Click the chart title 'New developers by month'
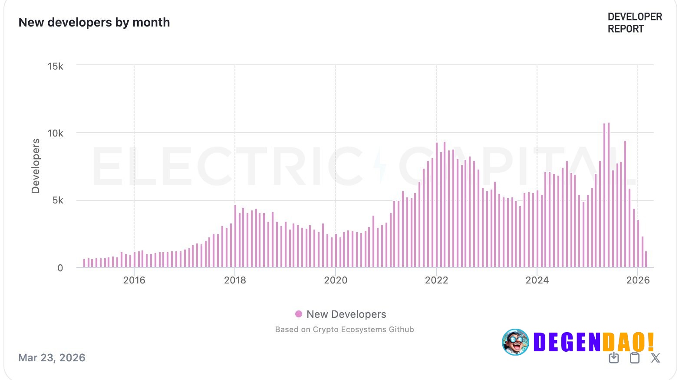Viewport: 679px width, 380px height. pyautogui.click(x=94, y=23)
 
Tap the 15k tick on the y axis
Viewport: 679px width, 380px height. pyautogui.click(x=55, y=66)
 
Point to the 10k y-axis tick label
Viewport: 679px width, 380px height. pyautogui.click(x=55, y=133)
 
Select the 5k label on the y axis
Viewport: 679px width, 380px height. pyautogui.click(x=58, y=200)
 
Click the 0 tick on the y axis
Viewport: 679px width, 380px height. pyautogui.click(x=60, y=268)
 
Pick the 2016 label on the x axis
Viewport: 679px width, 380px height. pyautogui.click(x=134, y=280)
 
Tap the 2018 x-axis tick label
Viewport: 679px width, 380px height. pyautogui.click(x=235, y=280)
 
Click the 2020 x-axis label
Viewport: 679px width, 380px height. pyautogui.click(x=336, y=280)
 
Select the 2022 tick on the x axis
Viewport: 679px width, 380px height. pyautogui.click(x=436, y=280)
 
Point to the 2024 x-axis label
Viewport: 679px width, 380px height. pyautogui.click(x=537, y=280)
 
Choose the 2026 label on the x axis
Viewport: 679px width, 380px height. pyautogui.click(x=638, y=280)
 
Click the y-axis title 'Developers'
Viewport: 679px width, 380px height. pyautogui.click(x=36, y=166)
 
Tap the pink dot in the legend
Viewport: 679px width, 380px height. pyautogui.click(x=299, y=314)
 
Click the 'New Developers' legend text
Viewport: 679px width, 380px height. pyautogui.click(x=346, y=314)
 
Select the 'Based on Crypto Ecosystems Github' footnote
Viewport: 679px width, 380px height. pyautogui.click(x=344, y=330)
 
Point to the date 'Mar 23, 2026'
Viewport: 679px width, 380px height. pyautogui.click(x=52, y=358)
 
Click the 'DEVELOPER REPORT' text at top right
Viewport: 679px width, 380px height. pyautogui.click(x=634, y=23)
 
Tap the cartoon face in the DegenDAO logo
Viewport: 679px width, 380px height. pyautogui.click(x=515, y=342)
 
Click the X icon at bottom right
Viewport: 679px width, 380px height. pyautogui.click(x=655, y=358)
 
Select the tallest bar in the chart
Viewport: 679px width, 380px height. pyautogui.click(x=609, y=196)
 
